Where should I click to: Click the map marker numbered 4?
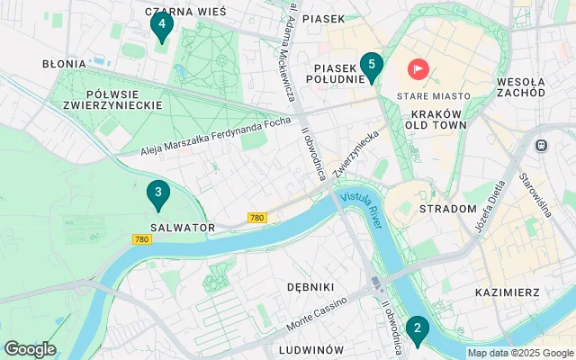pos(161,25)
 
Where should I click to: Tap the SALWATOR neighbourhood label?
pos(183,228)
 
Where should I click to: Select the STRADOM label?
pos(447,209)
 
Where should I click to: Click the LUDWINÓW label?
pos(311,349)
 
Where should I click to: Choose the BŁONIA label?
pos(64,64)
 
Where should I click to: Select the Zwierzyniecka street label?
pos(355,153)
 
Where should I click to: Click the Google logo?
pos(30,349)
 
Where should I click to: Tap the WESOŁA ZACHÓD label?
pos(520,86)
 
